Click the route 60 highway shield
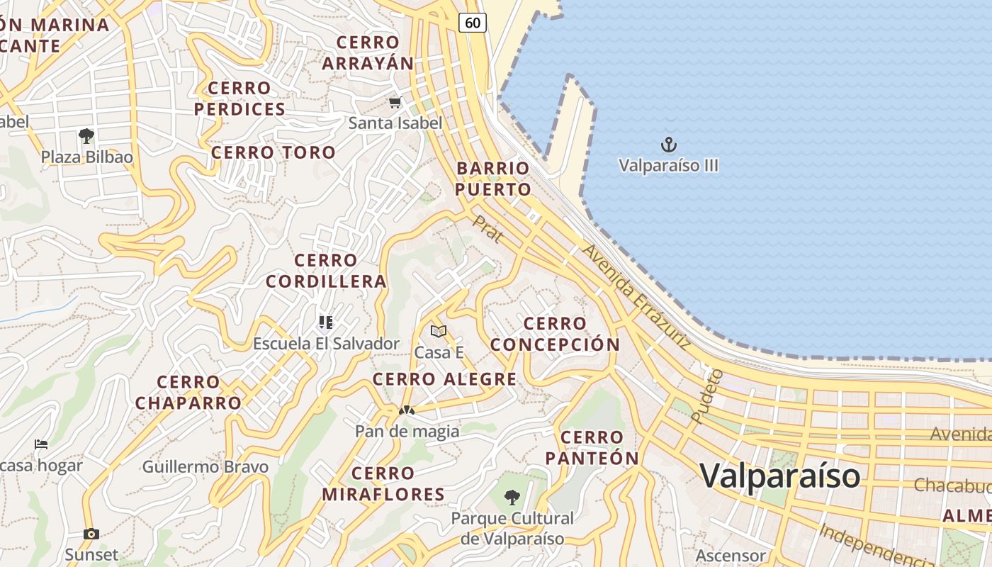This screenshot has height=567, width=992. coord(473,23)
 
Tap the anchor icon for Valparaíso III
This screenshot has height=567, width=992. coord(669,145)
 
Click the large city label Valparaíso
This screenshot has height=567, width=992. coord(781,475)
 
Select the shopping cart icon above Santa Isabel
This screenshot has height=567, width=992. coord(395,103)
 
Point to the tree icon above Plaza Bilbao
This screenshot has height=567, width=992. coord(86,135)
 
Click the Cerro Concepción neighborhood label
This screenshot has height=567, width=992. coord(555,334)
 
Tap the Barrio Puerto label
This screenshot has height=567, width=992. coord(493,179)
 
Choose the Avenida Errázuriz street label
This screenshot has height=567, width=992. coord(636,297)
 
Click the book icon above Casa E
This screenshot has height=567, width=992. coord(439,331)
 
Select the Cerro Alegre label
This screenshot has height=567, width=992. coord(445,379)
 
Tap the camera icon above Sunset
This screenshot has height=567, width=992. coord(91,534)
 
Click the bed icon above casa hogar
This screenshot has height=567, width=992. coord(41,444)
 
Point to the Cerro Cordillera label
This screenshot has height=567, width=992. coord(326,271)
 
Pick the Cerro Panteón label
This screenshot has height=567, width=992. coord(592,447)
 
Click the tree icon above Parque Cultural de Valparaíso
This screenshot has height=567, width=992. coord(512,498)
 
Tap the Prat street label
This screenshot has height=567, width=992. coord(488,230)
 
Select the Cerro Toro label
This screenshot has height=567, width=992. coord(274,152)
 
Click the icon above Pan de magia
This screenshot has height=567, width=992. coord(406,410)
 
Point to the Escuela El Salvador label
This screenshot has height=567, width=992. coord(327,344)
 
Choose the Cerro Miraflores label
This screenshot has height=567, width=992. coord(383,483)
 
